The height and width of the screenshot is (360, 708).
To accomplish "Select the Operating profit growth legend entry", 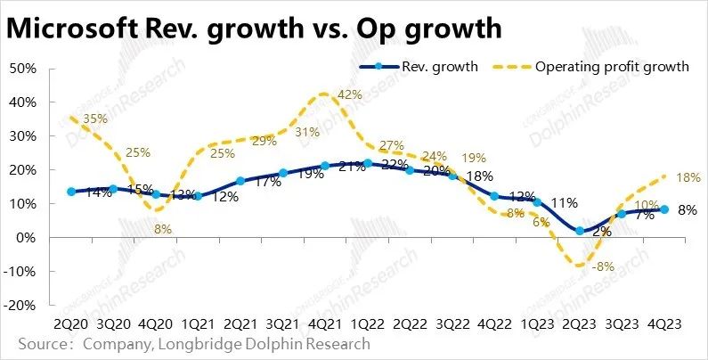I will pos(611,67).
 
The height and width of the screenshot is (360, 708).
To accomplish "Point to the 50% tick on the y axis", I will pos(21,68).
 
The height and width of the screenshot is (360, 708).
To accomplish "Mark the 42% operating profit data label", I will pos(350,95).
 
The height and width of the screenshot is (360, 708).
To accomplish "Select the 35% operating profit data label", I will pos(94,118).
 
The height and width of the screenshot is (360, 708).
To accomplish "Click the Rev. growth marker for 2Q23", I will pos(580,230).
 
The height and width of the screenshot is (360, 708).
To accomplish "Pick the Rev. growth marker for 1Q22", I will pos(368,163).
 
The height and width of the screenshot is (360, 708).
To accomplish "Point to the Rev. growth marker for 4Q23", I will pos(664,209).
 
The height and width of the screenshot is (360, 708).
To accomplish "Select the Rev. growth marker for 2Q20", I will pos(71,192).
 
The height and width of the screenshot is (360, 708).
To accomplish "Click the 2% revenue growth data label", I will pos(601,232).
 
